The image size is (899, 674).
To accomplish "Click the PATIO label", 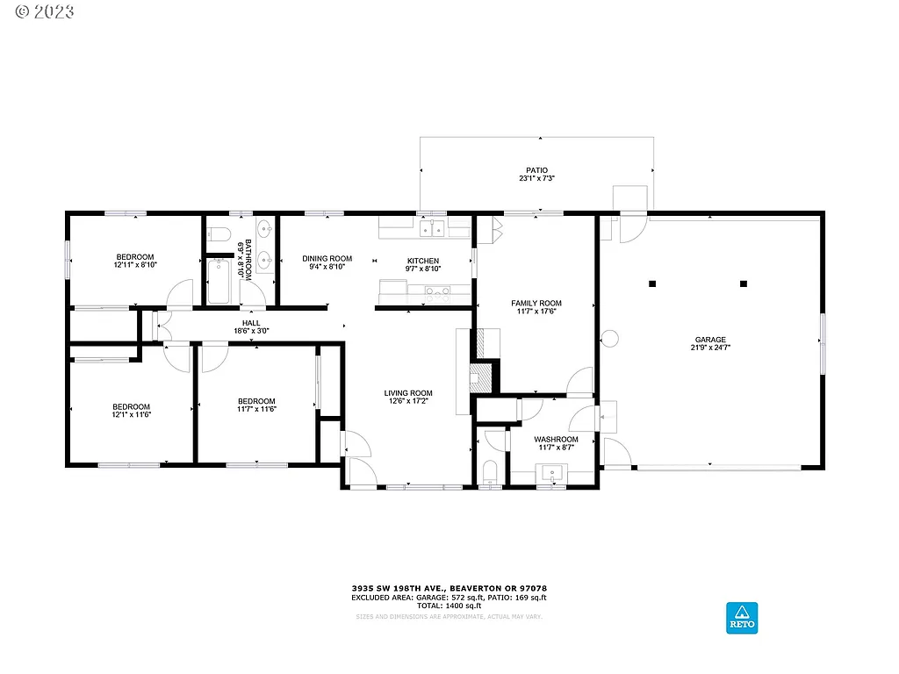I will pos(536,170).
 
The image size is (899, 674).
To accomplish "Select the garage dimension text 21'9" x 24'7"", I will pos(711,348).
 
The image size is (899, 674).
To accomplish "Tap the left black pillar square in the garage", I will pos(652,283).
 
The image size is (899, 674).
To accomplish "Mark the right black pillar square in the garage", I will pos(744,283).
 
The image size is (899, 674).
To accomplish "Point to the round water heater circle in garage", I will pos(610,338).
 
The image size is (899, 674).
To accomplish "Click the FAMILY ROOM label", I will pos(536,304).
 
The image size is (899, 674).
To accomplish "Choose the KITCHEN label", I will pos(422,261).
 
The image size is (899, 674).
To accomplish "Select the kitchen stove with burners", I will pos(436,290).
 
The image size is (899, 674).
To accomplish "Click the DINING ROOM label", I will pos(327,259).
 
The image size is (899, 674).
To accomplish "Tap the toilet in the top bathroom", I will pos(219,233).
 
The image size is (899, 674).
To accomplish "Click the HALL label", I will pos(251,323).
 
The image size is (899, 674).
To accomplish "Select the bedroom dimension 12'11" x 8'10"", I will pos(134,264).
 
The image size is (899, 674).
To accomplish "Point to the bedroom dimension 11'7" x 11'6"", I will pos(256,409).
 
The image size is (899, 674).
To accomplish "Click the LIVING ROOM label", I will pos(408,393).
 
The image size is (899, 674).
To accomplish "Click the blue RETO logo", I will pos(741,617).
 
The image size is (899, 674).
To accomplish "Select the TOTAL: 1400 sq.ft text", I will pos(449,606).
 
